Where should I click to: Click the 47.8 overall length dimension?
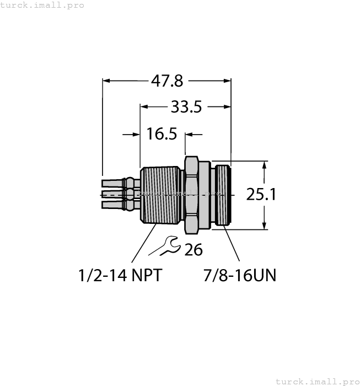click(167, 81)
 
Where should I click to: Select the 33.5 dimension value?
click(186, 107)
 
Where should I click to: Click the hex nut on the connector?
click(191, 195)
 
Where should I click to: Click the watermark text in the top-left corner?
click(42, 5)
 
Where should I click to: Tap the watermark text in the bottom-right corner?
click(316, 381)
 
